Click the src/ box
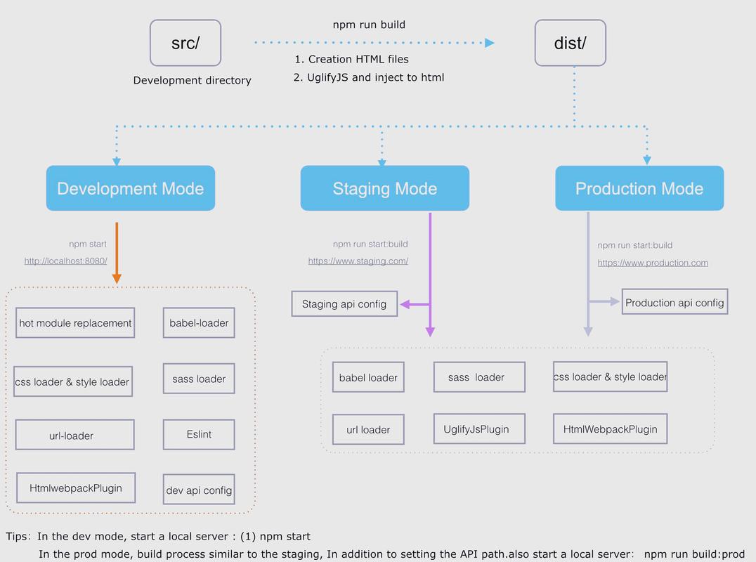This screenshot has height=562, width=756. [185, 43]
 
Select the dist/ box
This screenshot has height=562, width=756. [571, 43]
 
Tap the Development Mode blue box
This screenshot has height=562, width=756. [131, 188]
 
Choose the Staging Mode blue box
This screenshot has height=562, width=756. [385, 188]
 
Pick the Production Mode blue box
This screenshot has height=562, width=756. [639, 188]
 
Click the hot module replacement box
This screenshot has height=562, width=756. [75, 323]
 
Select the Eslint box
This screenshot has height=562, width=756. [199, 434]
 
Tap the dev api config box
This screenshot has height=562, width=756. [199, 490]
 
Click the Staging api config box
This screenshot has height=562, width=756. [344, 303]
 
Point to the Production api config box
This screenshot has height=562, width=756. [674, 302]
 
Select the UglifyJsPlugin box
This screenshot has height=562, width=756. [479, 429]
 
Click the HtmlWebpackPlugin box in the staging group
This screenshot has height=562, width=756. [611, 429]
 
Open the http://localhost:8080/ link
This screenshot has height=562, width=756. [65, 261]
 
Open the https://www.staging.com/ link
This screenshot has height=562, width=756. [358, 261]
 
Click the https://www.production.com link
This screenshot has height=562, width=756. [653, 263]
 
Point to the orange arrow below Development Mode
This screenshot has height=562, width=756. [117, 253]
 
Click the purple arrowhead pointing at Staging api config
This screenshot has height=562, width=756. [405, 304]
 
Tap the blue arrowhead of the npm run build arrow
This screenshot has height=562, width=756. [490, 43]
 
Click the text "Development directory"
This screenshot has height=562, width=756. [193, 80]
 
